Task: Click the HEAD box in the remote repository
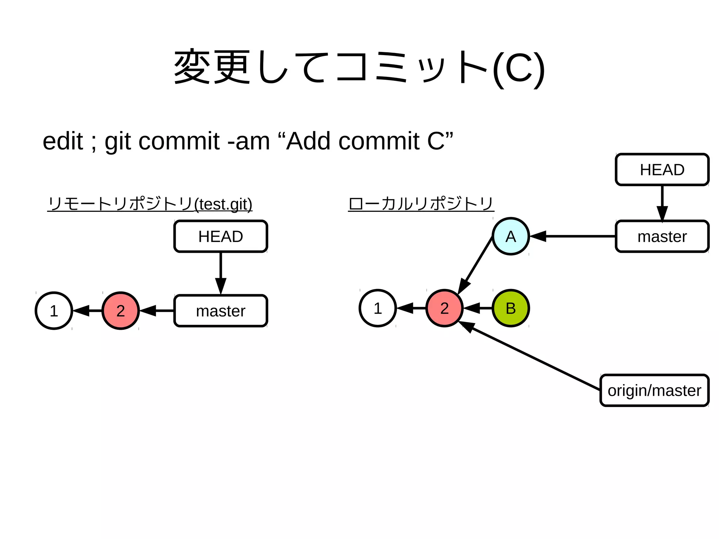220,236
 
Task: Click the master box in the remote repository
220,311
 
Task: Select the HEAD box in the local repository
662,170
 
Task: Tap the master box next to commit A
662,236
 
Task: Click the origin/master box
654,390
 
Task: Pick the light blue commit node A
510,236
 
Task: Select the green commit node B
510,308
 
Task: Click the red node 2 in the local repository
444,308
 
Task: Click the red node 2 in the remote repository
120,311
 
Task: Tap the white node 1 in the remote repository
54,311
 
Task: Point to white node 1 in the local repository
378,308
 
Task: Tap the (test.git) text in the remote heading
223,204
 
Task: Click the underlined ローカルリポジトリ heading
421,204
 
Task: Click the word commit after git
179,141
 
